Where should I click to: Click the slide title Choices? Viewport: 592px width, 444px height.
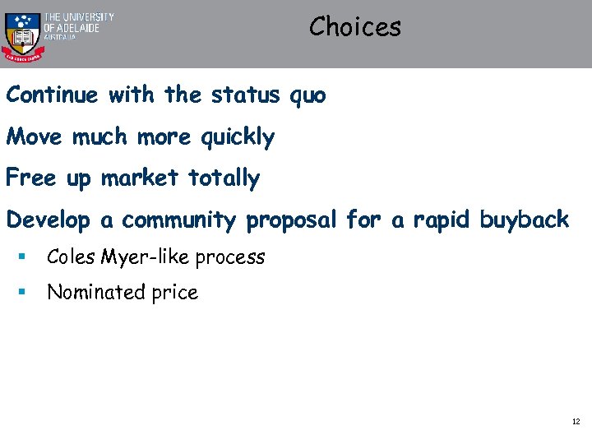(355, 27)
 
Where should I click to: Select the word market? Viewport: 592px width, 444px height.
(141, 178)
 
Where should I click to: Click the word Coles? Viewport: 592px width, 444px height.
(71, 257)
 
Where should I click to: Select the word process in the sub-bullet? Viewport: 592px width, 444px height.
(231, 258)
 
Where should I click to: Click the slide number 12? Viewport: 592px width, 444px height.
(576, 422)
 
